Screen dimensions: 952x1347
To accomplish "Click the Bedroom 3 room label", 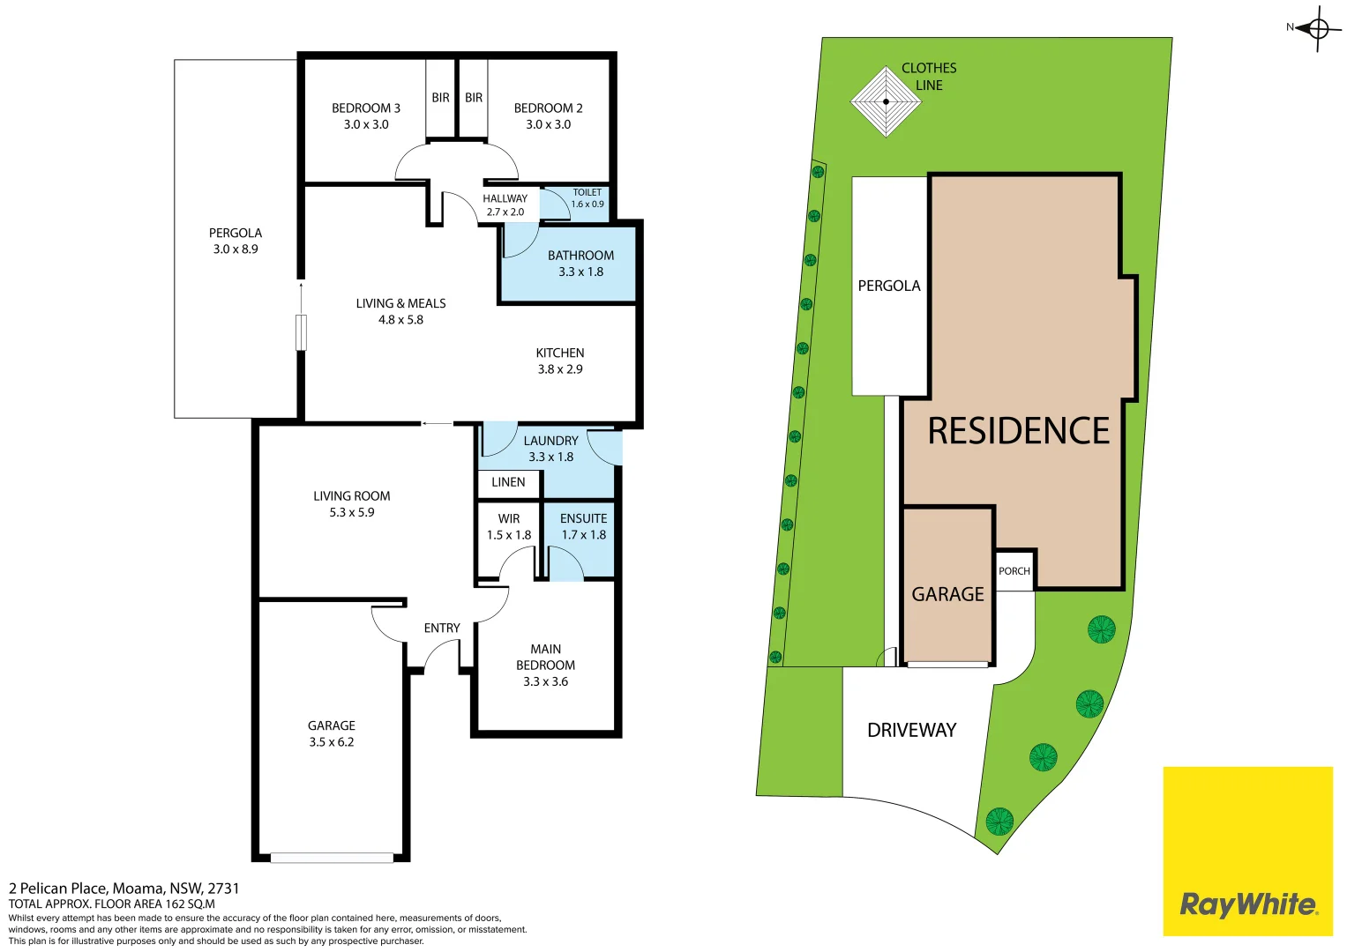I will [365, 108].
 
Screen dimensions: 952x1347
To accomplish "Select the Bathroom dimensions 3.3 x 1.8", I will [580, 271].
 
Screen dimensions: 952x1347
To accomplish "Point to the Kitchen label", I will [560, 353].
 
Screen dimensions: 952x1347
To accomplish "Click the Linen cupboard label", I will [508, 482].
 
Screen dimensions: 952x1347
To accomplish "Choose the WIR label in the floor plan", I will [509, 519].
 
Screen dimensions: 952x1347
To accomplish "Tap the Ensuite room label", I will [583, 519].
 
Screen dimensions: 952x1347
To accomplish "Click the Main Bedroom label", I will [545, 657].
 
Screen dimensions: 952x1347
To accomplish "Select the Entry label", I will [442, 628].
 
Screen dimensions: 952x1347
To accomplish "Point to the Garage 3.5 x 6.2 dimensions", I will [332, 742].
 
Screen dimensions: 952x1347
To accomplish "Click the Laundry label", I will [550, 441].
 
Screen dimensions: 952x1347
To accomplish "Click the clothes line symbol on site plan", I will [886, 102].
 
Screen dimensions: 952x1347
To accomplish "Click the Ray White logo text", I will [1247, 904].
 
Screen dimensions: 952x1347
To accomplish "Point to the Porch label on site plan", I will [1014, 571].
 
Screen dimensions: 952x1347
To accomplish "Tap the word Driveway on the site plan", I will [911, 730].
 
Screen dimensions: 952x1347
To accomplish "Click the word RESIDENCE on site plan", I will [1018, 431].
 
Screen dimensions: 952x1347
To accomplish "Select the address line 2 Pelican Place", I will [123, 889].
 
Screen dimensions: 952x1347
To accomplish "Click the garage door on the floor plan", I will [332, 858].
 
